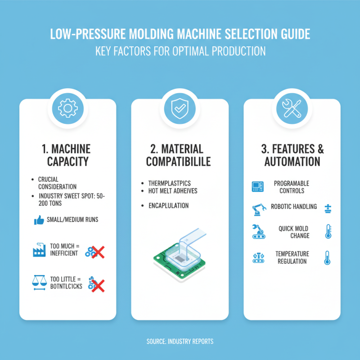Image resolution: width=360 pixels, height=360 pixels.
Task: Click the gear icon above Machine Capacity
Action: tap(67, 108)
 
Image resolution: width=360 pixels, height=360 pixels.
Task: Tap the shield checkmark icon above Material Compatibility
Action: tap(180, 108)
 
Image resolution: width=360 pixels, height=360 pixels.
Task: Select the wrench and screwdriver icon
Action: tap(292, 108)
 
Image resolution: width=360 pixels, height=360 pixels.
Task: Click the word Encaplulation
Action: tap(168, 206)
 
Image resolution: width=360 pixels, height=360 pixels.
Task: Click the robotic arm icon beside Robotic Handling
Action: tap(258, 209)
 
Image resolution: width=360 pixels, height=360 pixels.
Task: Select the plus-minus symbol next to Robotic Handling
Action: tap(328, 207)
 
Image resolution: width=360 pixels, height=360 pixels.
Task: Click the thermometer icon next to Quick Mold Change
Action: tap(327, 232)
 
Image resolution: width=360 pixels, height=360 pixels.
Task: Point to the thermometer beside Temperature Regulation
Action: tap(327, 258)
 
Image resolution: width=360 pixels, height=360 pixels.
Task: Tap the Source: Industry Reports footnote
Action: tap(180, 342)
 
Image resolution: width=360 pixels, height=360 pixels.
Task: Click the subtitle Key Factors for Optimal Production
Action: tap(180, 51)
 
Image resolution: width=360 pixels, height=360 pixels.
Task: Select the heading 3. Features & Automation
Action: tap(292, 155)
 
